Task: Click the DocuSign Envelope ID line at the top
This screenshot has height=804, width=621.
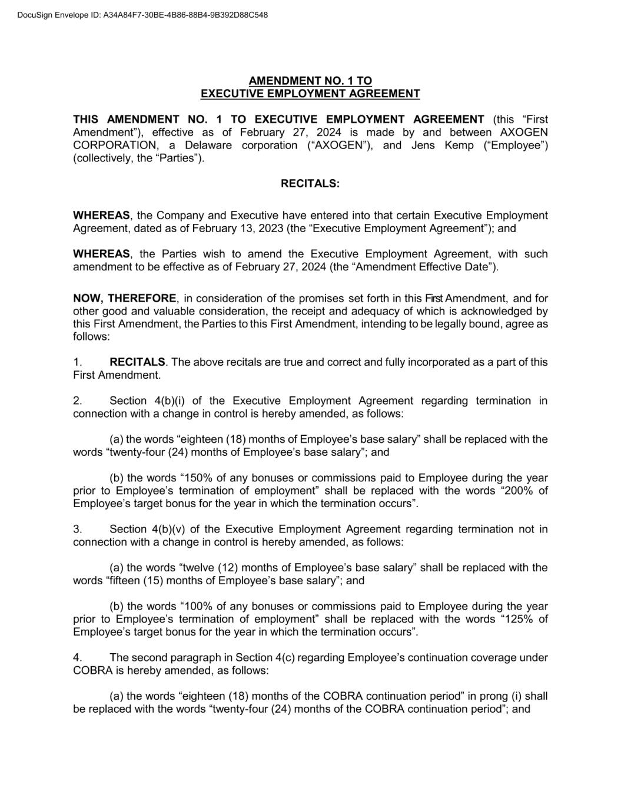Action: click(x=142, y=15)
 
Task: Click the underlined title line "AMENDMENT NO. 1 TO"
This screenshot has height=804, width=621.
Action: click(x=310, y=81)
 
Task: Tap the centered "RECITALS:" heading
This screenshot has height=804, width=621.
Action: click(x=310, y=184)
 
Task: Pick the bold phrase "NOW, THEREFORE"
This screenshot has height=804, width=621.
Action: click(x=124, y=299)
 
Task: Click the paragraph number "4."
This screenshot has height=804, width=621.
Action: click(x=77, y=658)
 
